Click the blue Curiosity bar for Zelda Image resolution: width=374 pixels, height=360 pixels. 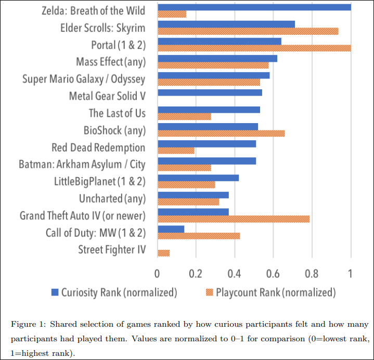[x=254, y=7]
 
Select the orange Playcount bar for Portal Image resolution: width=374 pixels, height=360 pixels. [x=254, y=48]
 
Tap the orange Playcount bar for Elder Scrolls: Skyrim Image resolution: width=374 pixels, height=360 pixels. [x=248, y=31]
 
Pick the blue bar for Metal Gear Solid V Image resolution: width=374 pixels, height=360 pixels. [x=209, y=93]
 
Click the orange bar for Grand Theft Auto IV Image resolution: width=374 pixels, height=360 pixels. [x=233, y=219]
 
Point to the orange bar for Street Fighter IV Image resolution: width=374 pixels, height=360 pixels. [x=163, y=253]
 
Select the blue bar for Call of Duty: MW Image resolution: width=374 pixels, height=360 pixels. [x=171, y=229]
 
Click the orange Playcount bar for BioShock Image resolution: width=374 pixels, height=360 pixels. [x=221, y=134]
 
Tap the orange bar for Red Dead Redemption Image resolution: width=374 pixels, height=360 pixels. [x=176, y=151]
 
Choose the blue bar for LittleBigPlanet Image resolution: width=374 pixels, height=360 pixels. [x=198, y=178]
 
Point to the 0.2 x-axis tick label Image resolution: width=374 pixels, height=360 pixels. [x=196, y=273]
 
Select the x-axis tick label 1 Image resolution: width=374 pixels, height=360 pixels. [x=351, y=273]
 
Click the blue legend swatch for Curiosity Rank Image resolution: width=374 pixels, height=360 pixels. [x=54, y=292]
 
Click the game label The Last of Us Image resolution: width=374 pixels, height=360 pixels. [x=117, y=113]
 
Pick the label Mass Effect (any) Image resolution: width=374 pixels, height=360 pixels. [x=110, y=62]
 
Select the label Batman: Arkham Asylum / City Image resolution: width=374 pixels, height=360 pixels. [x=82, y=165]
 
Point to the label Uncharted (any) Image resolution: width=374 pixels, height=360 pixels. [x=112, y=198]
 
